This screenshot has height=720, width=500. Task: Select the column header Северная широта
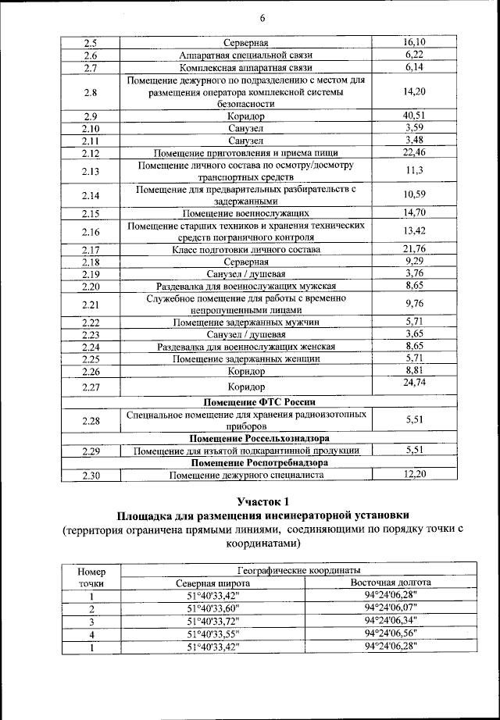212,583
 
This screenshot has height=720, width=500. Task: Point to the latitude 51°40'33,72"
212,622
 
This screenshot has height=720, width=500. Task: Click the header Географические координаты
300,570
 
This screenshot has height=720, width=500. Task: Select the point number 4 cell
91,634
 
